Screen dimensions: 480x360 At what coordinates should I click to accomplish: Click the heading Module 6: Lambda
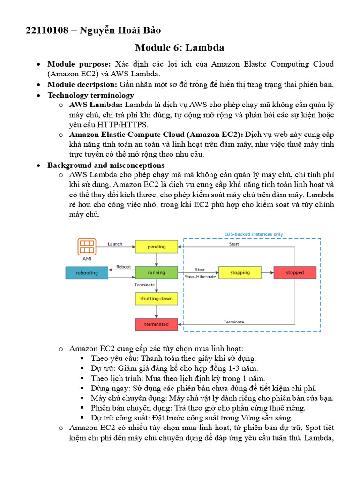(x=180, y=47)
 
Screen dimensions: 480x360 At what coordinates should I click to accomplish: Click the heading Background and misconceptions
(x=105, y=165)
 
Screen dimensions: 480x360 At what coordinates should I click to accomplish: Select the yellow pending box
(x=157, y=247)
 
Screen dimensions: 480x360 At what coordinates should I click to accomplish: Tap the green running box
(x=157, y=272)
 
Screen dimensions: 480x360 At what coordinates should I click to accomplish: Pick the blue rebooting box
(x=87, y=272)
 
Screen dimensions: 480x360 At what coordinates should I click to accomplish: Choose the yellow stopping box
(x=240, y=272)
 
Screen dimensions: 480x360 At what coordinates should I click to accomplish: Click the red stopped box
(x=295, y=272)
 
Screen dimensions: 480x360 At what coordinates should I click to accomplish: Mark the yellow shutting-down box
(x=157, y=298)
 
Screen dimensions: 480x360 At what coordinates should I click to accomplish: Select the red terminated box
(x=157, y=324)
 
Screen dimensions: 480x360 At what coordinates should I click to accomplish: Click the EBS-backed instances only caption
(x=254, y=234)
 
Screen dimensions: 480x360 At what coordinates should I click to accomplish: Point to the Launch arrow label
(x=115, y=244)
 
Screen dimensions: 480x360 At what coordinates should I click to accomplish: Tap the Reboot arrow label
(x=123, y=267)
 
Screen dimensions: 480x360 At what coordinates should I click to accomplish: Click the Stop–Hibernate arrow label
(x=200, y=277)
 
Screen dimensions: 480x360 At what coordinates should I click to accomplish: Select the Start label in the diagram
(x=234, y=244)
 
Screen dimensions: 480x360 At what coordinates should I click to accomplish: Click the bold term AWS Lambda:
(x=96, y=105)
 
